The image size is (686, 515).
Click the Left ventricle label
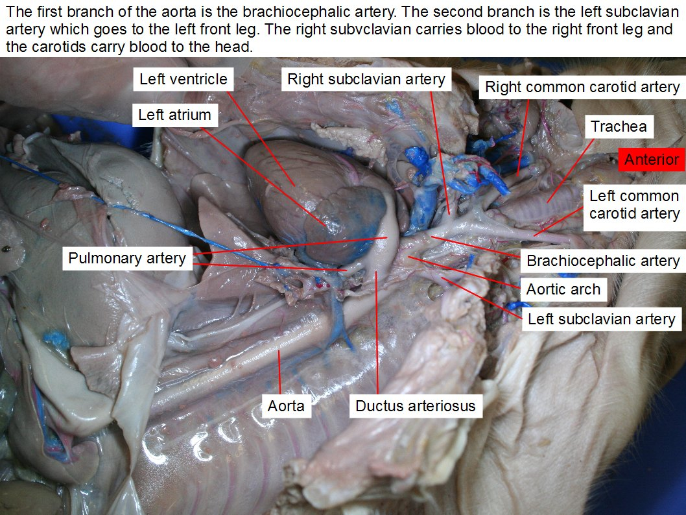(x=183, y=79)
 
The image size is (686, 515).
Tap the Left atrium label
(x=174, y=115)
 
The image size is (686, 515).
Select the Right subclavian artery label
(x=366, y=79)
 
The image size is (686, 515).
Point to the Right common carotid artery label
(x=582, y=87)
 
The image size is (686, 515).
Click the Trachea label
(x=619, y=126)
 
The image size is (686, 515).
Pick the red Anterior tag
(x=652, y=160)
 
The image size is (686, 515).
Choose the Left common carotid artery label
(x=634, y=205)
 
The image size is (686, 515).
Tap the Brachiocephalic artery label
(x=603, y=261)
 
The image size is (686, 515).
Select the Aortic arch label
(x=563, y=289)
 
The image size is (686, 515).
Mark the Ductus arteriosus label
(x=415, y=406)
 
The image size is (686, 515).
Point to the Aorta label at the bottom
(x=286, y=406)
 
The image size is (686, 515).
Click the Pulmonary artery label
(x=127, y=258)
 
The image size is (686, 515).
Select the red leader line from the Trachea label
(x=570, y=171)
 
